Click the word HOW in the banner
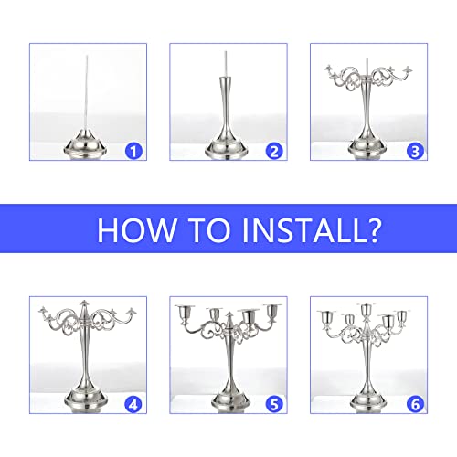[x=140, y=228]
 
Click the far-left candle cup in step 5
[x=179, y=315]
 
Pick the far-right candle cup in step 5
[x=271, y=315]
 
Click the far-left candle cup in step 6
[x=324, y=319]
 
